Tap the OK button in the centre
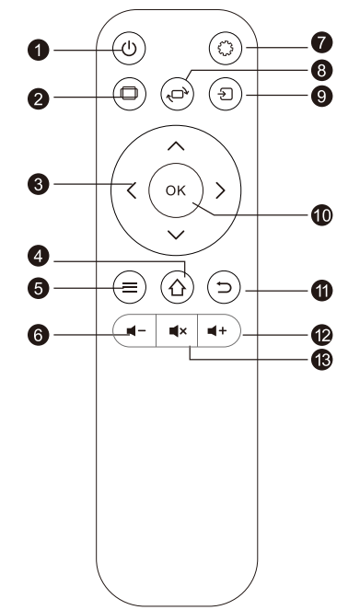pos(175,190)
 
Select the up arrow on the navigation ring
pos(176,145)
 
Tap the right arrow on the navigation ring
pos(220,191)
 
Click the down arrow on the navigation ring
pos(176,236)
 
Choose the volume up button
pos(218,328)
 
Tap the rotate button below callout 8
pos(176,93)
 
